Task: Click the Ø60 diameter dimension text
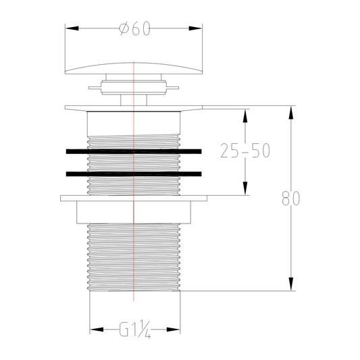[134, 29]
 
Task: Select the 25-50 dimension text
[245, 151]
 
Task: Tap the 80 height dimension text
[291, 199]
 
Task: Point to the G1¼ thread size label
[134, 330]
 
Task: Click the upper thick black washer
[134, 151]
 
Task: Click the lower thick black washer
[134, 174]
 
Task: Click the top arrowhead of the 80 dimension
[291, 112]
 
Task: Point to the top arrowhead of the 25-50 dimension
[245, 113]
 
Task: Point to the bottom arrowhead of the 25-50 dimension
[245, 188]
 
